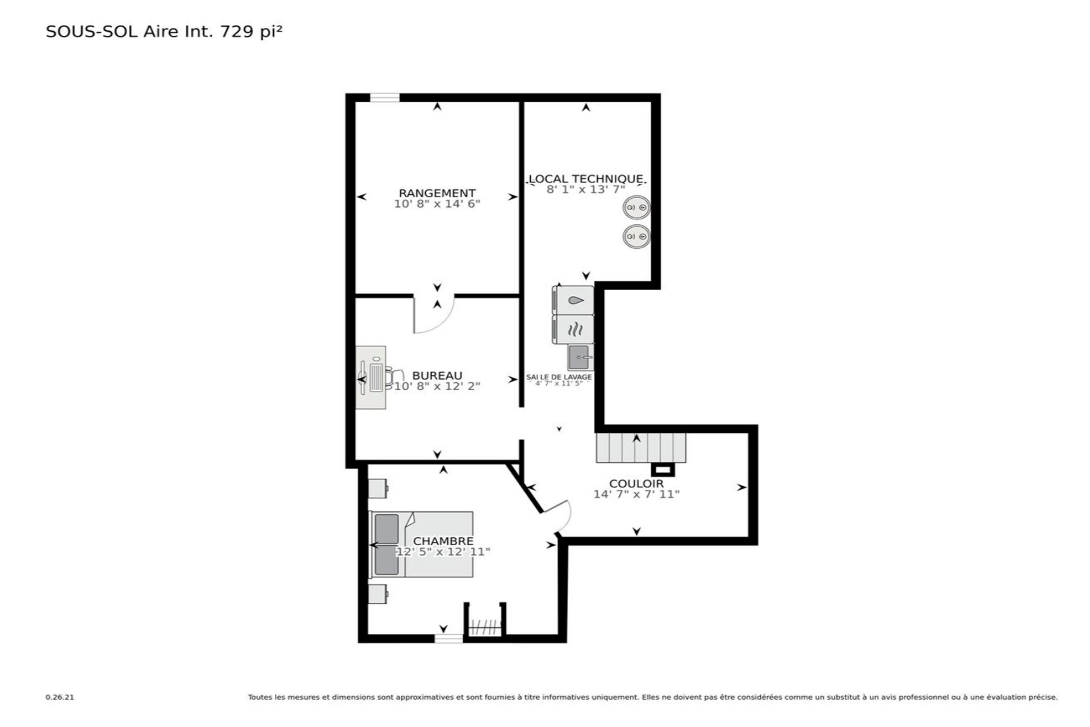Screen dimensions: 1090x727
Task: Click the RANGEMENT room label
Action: tap(437, 193)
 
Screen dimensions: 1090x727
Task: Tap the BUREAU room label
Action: tap(437, 375)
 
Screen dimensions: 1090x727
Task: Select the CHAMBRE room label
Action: tap(443, 541)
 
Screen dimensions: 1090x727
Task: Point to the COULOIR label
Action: tap(636, 484)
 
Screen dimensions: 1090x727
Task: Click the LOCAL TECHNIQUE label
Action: tap(586, 179)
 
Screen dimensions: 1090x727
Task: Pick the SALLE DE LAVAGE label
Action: tap(559, 377)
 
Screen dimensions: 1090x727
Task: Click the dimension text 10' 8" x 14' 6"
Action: tap(437, 204)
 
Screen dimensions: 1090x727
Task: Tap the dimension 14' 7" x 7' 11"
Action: tap(636, 494)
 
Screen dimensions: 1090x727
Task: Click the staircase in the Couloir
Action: tap(641, 448)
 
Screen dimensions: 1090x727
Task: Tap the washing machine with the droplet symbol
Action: tap(573, 300)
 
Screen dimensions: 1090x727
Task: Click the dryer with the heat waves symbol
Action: tap(573, 329)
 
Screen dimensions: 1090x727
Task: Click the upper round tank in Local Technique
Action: tap(636, 208)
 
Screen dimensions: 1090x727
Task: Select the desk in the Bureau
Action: tap(371, 378)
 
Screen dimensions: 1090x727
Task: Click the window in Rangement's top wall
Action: tap(385, 98)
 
